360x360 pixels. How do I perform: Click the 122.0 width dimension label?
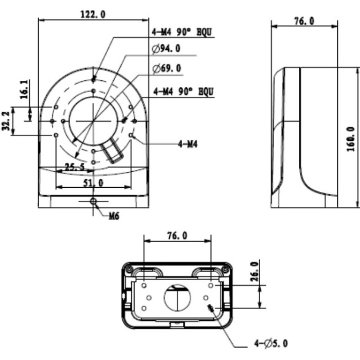pyautogui.click(x=93, y=14)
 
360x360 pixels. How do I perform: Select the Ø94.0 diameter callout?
pyautogui.click(x=166, y=48)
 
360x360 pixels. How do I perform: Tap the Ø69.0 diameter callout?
pyautogui.click(x=167, y=68)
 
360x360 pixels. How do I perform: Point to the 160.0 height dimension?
pyautogui.click(x=351, y=139)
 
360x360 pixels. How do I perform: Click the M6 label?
pyautogui.click(x=114, y=216)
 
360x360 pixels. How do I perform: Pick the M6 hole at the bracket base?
pyautogui.click(x=93, y=202)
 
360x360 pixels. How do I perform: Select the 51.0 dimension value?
pyautogui.click(x=93, y=183)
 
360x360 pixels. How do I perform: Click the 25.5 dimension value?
pyautogui.click(x=75, y=167)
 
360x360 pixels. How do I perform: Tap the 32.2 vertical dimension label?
pyautogui.click(x=6, y=121)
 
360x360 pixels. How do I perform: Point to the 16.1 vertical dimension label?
pyautogui.click(x=24, y=89)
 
